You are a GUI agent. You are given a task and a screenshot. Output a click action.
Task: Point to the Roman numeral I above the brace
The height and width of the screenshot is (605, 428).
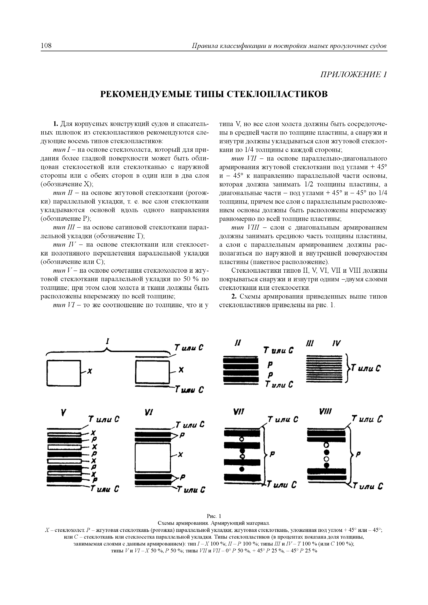pos(108,342)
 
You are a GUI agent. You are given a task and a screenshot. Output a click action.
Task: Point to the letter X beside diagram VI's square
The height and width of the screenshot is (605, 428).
pos(181,455)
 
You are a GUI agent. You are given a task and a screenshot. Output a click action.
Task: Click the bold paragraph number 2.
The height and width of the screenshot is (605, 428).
pos(233,296)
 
